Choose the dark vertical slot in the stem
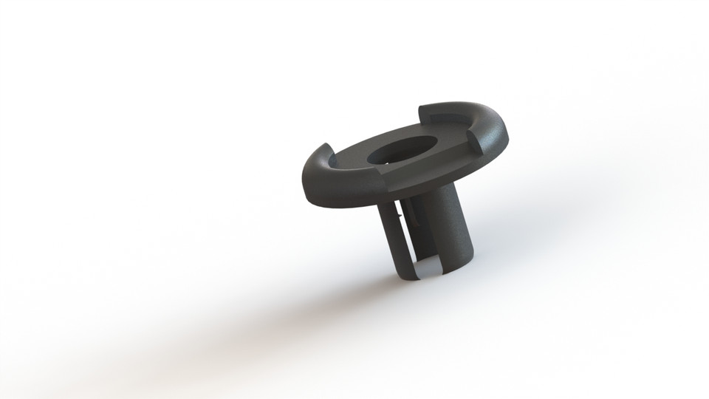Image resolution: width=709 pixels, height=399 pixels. tap(408, 236)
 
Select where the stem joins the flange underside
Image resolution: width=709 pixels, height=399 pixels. tap(428, 194)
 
